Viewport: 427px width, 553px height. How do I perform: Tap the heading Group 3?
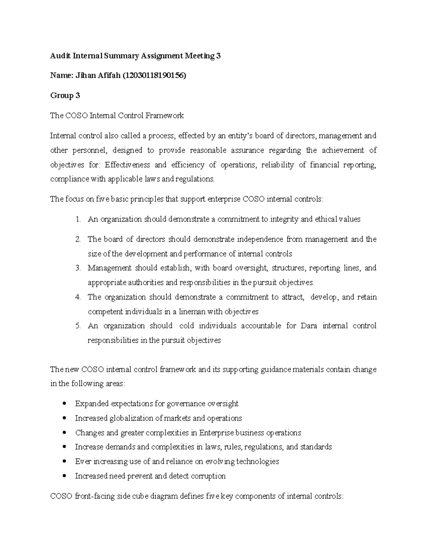pos(65,95)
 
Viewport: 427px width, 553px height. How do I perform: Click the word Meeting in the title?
pos(199,56)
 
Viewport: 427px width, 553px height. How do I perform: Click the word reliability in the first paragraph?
pos(278,165)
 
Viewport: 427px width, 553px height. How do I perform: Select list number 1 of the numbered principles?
pos(78,219)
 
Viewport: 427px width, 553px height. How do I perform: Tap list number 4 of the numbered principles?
pos(78,297)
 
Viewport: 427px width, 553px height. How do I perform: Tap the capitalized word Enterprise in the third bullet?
pos(216,433)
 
